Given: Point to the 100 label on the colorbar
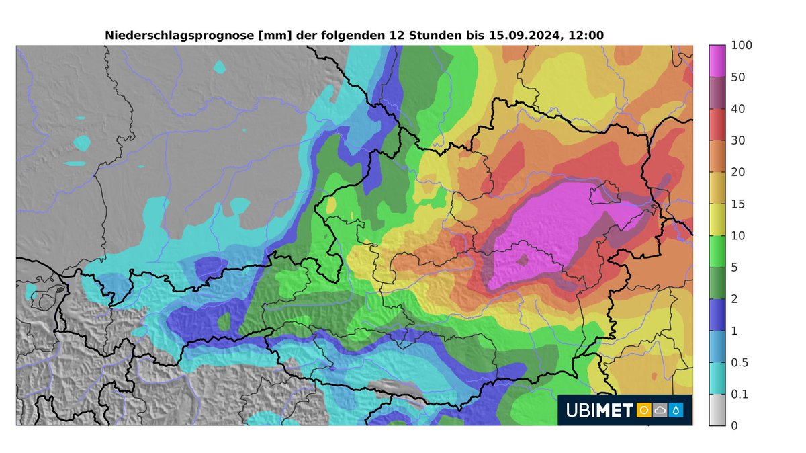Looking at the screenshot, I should [742, 46].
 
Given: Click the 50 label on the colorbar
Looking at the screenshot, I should [739, 77].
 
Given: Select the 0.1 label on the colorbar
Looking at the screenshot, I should [740, 394].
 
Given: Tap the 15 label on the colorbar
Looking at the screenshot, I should [739, 204].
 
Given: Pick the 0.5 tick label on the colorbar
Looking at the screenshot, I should [740, 362].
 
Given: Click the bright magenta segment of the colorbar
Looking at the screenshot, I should [717, 61].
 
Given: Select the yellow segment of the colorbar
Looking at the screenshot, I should [717, 219].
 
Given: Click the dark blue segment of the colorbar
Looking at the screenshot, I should [717, 314].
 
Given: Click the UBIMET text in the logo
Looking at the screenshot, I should [600, 409].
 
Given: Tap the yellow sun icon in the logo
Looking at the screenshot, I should [643, 409].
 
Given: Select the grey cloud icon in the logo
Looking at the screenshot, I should [660, 409].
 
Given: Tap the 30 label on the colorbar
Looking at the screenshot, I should [739, 140].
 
